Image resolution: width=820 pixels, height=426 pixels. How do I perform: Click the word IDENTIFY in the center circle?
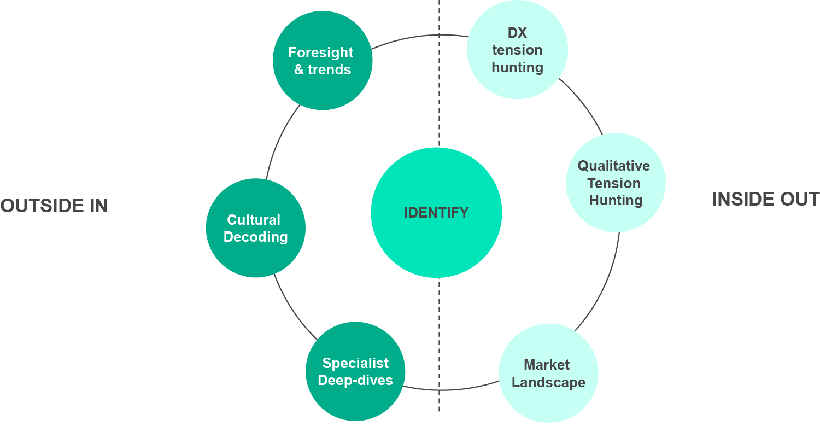[x=436, y=213]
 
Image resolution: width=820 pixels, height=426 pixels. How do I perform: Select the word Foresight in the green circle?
[x=321, y=52]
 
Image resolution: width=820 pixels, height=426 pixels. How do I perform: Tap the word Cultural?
[x=254, y=220]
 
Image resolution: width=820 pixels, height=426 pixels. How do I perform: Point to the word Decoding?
[x=255, y=237]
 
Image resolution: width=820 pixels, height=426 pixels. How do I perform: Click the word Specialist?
[x=355, y=363]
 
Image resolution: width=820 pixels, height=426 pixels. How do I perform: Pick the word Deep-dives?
[x=355, y=380]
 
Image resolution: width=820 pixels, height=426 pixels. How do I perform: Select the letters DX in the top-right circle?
[x=517, y=33]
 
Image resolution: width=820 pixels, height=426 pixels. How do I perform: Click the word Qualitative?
[x=614, y=166]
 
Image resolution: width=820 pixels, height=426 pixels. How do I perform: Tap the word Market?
[x=547, y=365]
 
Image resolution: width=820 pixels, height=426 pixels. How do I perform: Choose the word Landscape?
[x=548, y=382]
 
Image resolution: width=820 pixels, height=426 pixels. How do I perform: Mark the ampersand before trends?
[x=298, y=70]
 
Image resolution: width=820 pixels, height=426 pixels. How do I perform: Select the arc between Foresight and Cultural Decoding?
[x=278, y=140]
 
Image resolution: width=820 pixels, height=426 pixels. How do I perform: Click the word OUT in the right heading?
[x=800, y=200]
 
